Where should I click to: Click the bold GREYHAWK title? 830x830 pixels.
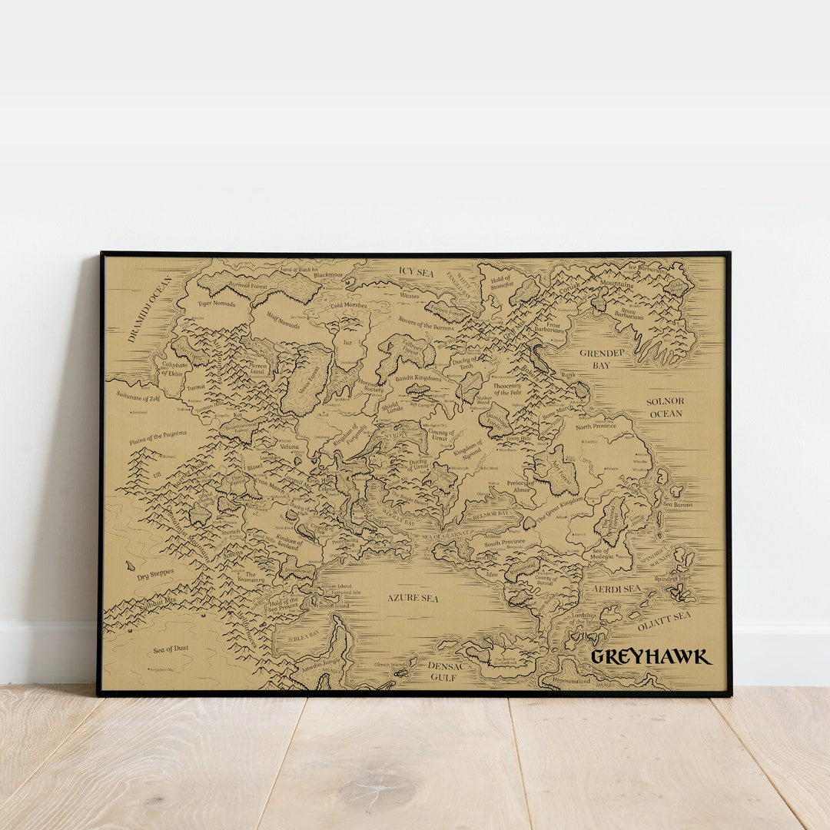click(x=651, y=657)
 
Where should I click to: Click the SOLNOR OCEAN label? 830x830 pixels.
click(x=665, y=407)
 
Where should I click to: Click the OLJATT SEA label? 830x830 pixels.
click(x=664, y=616)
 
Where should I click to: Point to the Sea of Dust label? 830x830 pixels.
click(x=171, y=649)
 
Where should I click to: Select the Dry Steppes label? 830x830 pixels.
click(x=155, y=574)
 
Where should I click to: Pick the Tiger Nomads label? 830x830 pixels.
click(x=216, y=304)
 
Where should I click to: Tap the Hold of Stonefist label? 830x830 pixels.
click(x=500, y=283)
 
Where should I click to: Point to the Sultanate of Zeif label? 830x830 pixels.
click(x=138, y=397)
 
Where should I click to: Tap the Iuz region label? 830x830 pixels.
click(x=347, y=343)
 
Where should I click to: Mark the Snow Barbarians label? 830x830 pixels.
click(x=629, y=313)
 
